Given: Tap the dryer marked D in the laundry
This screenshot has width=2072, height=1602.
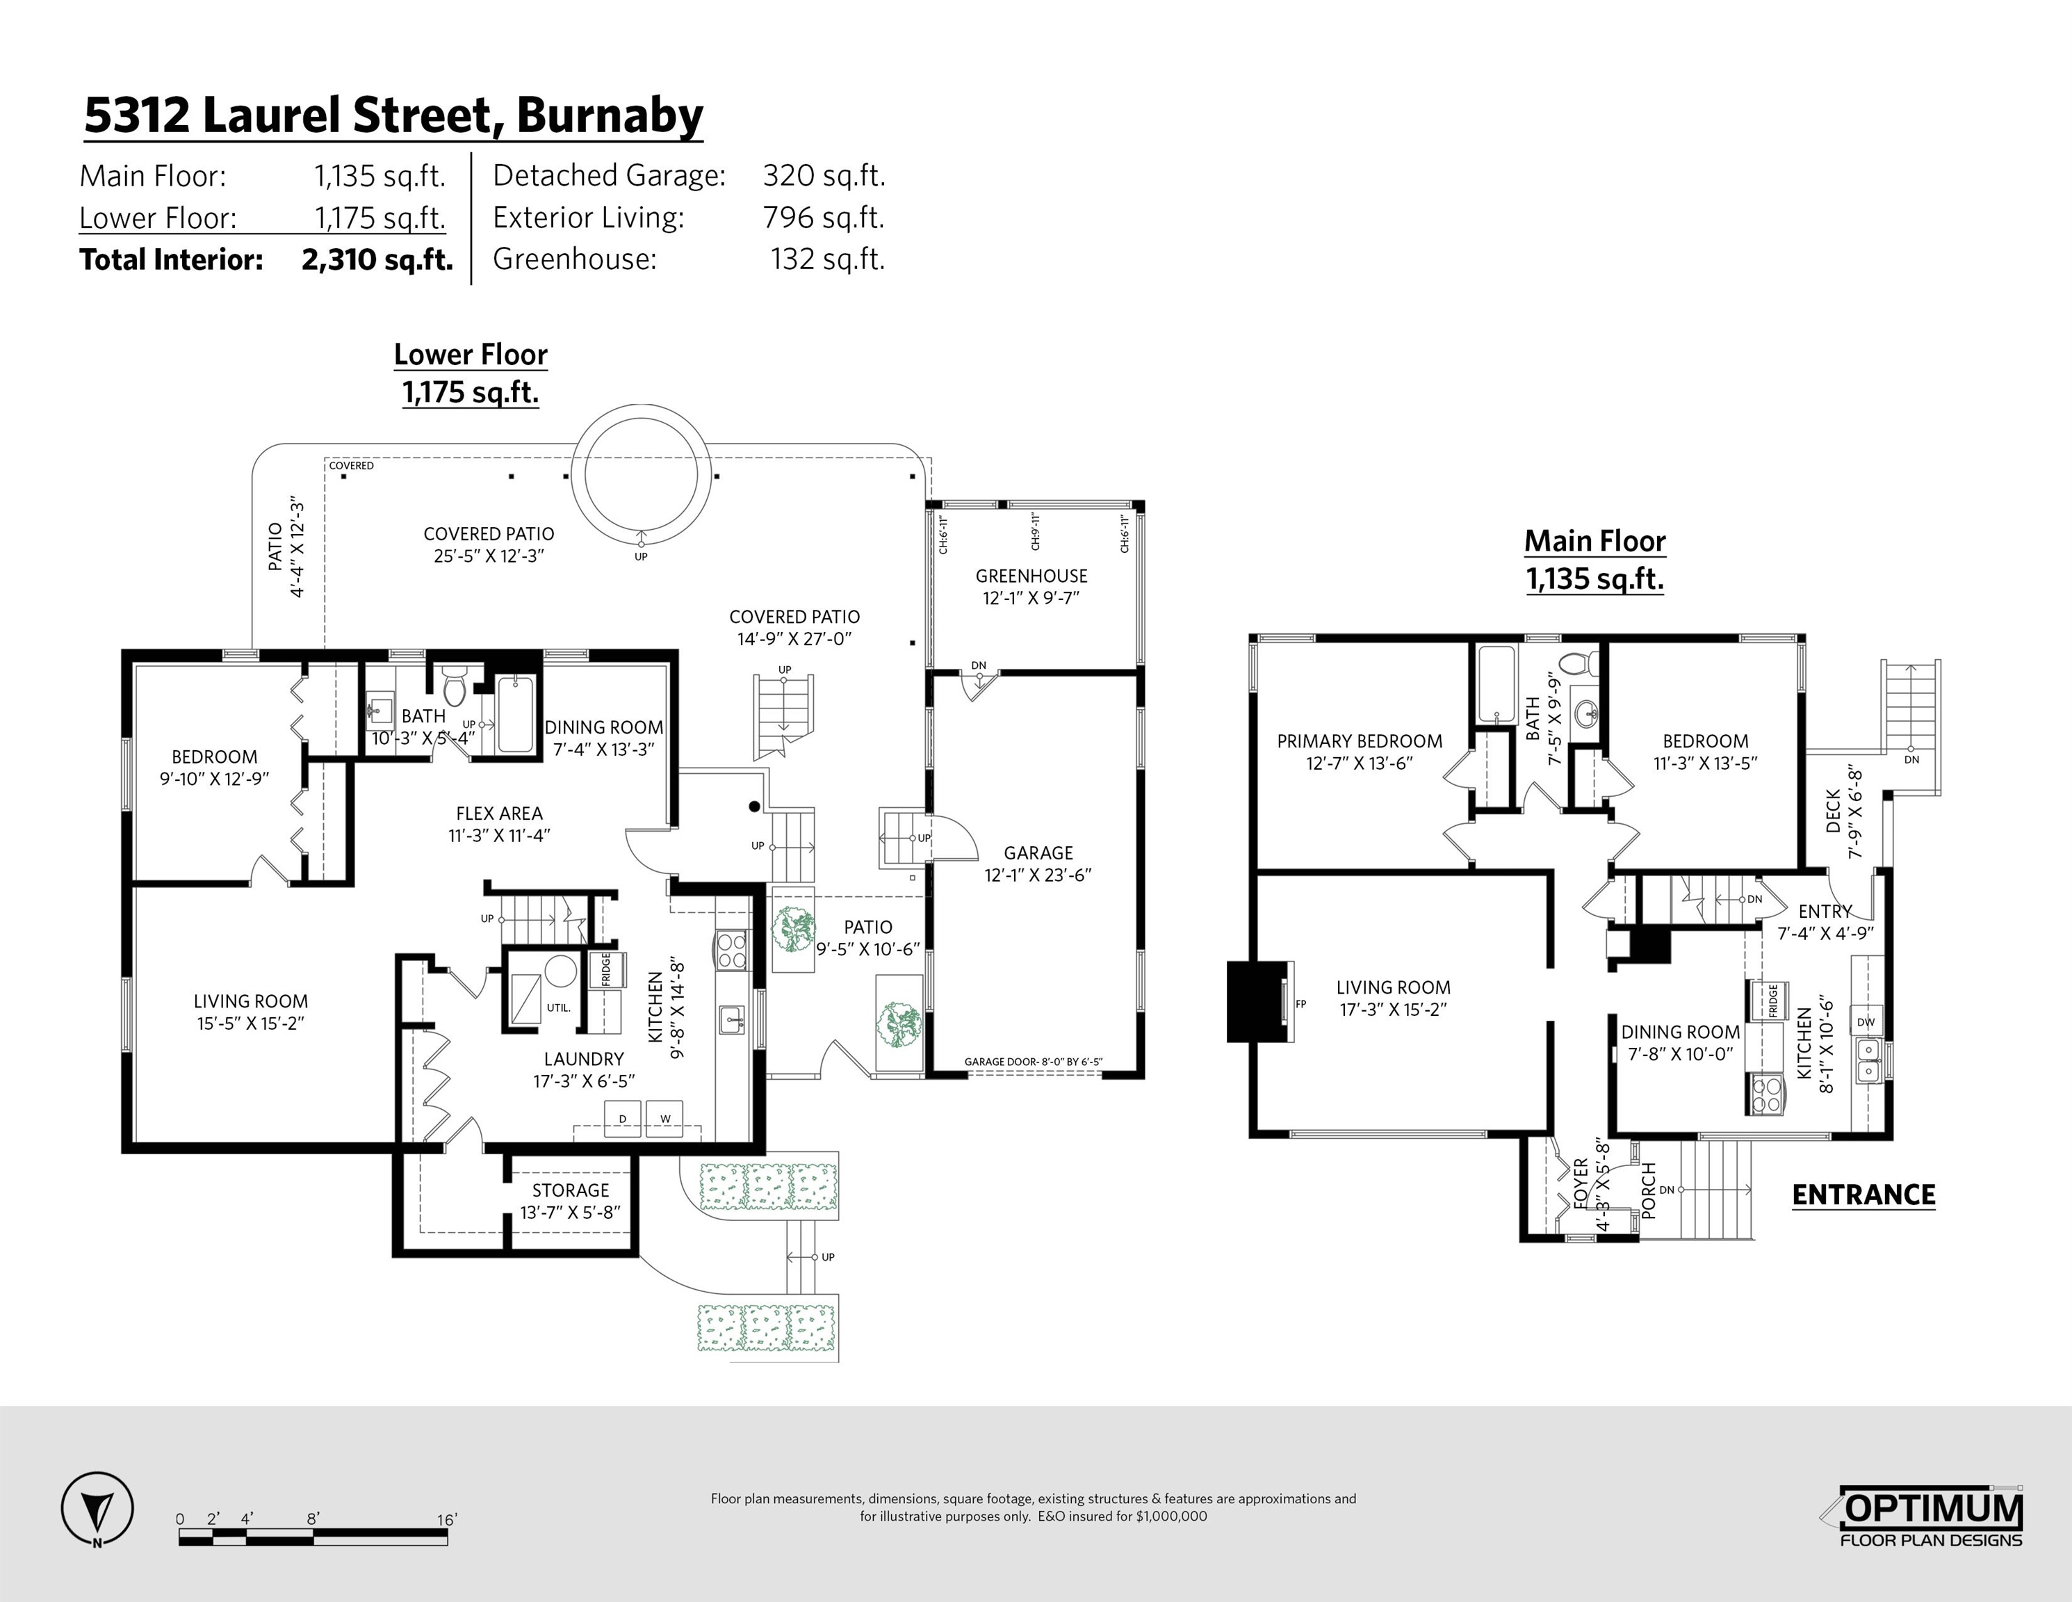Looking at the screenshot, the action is (622, 1119).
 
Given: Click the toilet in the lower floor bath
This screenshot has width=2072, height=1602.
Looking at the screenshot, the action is (455, 685).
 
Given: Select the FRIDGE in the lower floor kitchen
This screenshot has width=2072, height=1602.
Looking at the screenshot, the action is (606, 970).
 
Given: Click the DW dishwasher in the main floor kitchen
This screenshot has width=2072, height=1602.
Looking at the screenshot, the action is (1865, 1022).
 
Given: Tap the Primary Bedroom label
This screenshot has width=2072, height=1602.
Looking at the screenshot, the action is (1359, 741).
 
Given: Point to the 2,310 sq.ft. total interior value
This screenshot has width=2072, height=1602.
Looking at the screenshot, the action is (377, 259).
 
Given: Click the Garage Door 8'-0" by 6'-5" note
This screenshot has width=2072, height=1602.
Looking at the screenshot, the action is (1033, 1062).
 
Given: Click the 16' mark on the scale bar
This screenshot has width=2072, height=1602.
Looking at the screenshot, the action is (447, 1519).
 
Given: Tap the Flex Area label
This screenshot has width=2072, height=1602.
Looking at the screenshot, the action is (499, 814).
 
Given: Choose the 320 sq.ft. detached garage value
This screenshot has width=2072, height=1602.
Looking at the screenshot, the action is (824, 176).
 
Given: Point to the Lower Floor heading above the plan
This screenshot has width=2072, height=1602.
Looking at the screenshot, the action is (471, 355).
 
